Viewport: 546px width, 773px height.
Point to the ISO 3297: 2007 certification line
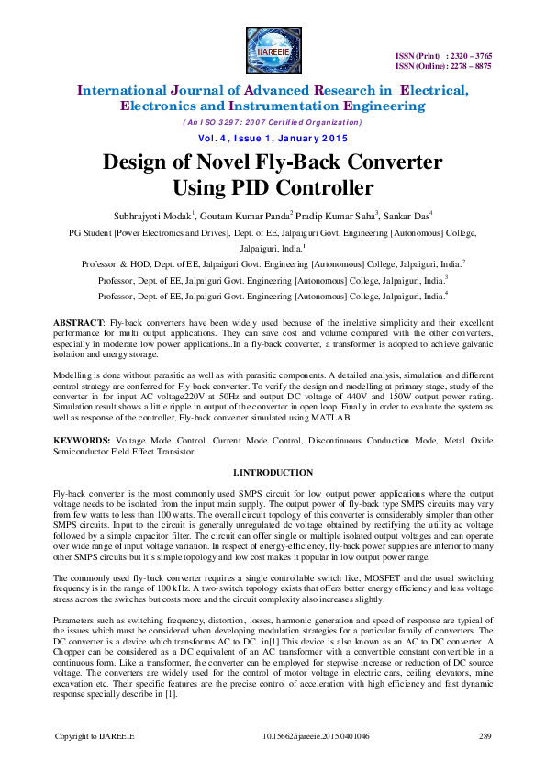273,122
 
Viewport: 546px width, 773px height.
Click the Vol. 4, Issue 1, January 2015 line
273,138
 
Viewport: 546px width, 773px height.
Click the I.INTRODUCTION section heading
273,473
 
